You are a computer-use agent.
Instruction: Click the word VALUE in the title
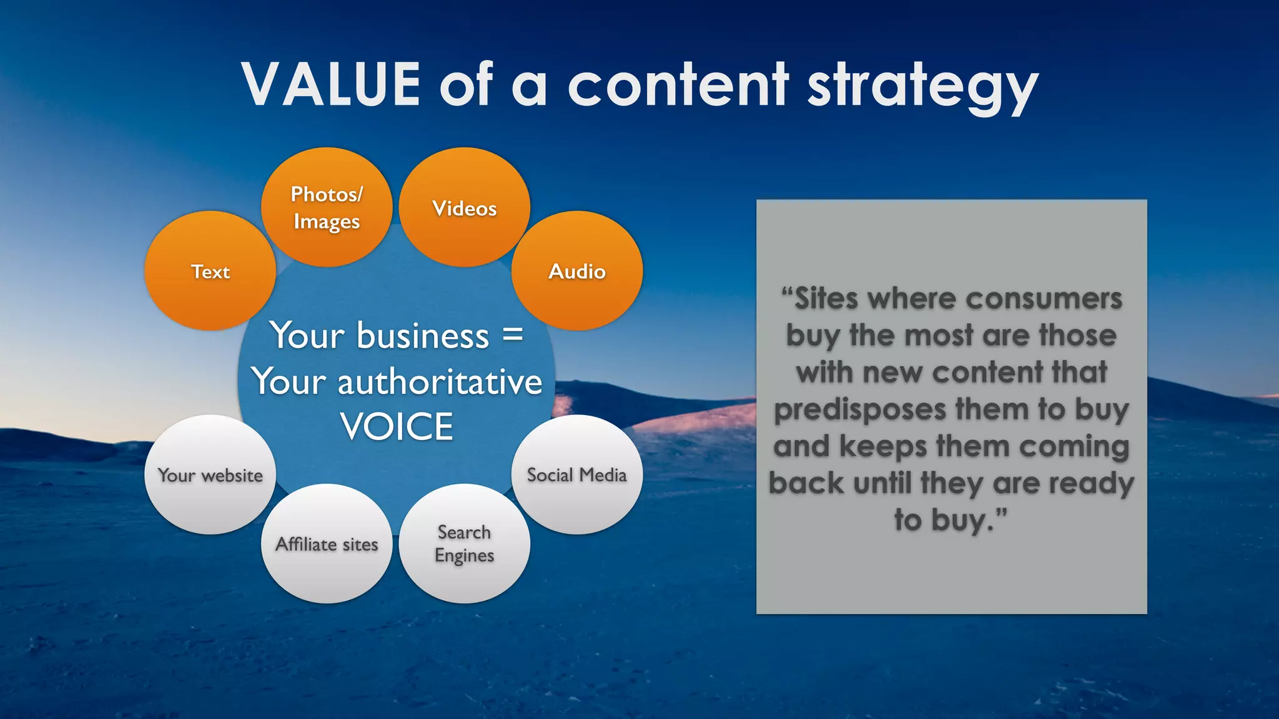[331, 85]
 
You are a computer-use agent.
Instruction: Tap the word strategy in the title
[922, 87]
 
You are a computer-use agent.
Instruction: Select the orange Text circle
[210, 271]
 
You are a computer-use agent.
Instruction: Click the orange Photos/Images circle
[327, 207]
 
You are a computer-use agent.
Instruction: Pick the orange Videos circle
[464, 207]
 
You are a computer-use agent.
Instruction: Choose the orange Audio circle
[576, 271]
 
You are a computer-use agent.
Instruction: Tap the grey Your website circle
[210, 475]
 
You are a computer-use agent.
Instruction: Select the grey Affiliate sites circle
[327, 544]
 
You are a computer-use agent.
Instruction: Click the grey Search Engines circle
[464, 544]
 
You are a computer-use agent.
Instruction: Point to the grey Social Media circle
[576, 475]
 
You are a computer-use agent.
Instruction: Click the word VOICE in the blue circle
[397, 427]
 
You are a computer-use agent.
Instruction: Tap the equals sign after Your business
[513, 336]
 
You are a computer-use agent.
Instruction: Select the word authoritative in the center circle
[440, 382]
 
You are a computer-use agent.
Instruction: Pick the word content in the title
[678, 85]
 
